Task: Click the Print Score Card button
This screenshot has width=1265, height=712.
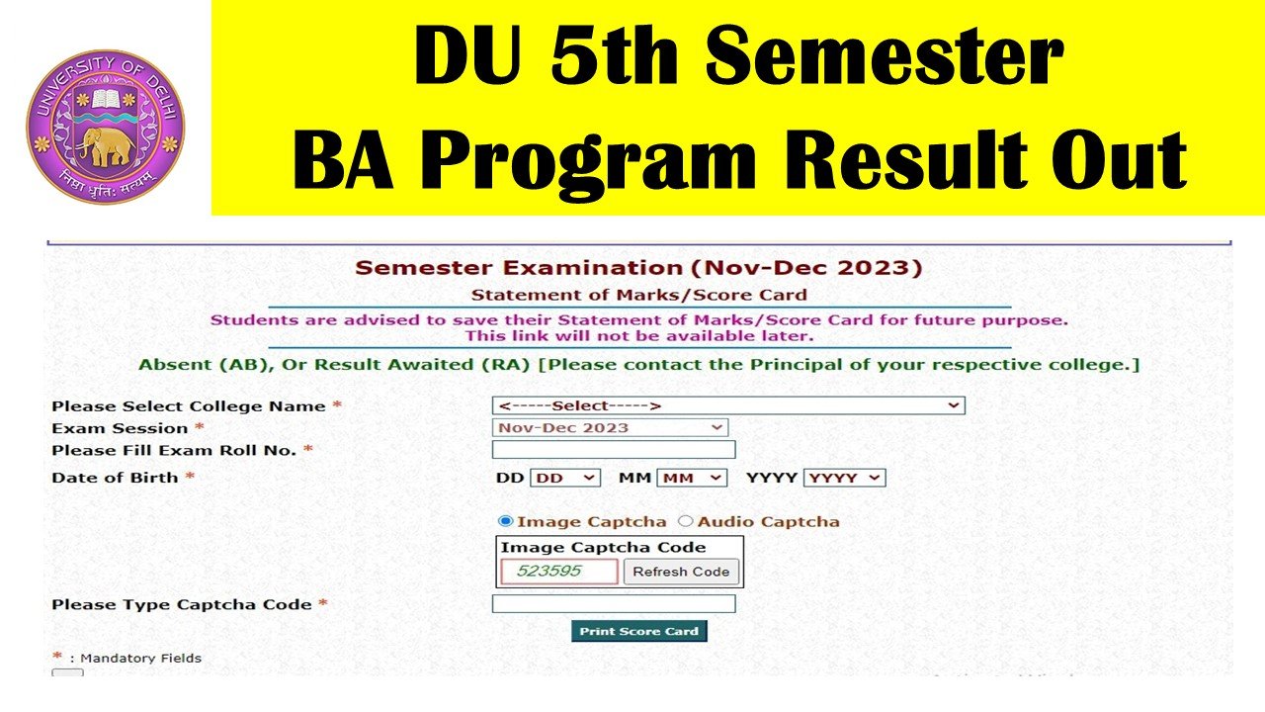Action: point(638,631)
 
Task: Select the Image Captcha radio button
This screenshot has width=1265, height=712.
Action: point(506,521)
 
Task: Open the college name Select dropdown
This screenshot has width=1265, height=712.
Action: point(727,405)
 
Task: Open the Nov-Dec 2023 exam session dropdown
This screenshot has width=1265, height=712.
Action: point(610,427)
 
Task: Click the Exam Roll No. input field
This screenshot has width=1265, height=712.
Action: point(613,450)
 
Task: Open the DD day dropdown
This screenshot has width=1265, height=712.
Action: point(565,478)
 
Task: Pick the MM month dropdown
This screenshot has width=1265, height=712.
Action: point(692,478)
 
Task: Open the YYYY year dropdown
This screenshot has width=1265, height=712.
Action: point(845,478)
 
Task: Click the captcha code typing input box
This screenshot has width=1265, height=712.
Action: point(613,603)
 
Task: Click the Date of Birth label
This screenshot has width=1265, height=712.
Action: point(115,477)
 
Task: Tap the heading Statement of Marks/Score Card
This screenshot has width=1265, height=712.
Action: point(638,295)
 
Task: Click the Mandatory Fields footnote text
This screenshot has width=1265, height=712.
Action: point(140,658)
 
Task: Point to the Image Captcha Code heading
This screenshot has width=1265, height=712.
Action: point(603,547)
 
